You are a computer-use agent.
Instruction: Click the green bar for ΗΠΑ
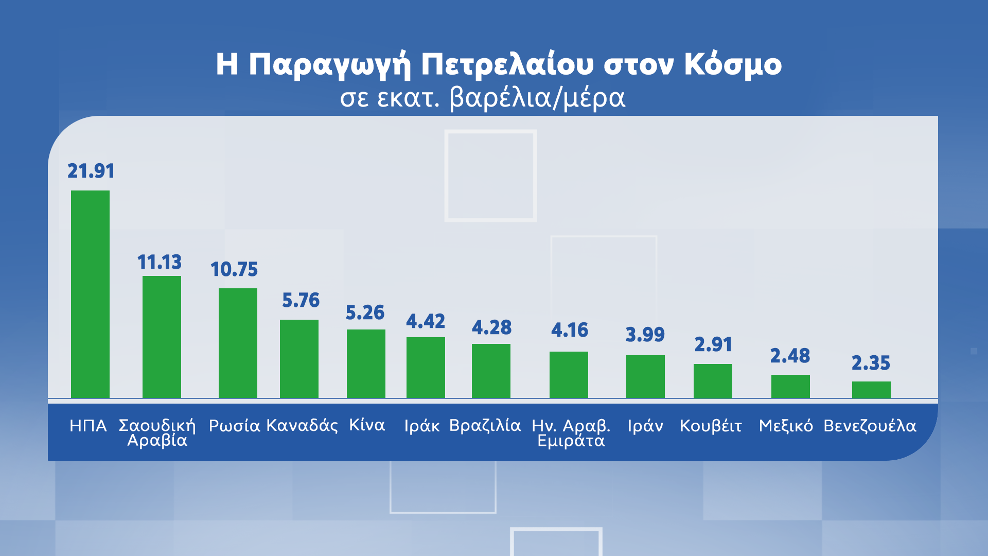[x=90, y=294]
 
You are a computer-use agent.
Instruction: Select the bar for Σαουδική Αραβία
[x=162, y=337]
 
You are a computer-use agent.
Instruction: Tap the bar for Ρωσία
[x=238, y=343]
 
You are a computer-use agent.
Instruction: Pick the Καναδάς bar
[x=299, y=359]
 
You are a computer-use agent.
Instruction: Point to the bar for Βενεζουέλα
[x=871, y=390]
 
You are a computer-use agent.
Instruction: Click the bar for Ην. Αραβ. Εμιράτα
[x=569, y=375]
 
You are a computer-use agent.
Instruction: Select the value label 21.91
[x=91, y=171]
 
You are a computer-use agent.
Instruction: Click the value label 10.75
[x=234, y=269]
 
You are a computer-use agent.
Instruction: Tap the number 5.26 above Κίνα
[x=365, y=312]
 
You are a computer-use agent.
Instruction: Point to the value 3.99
[x=645, y=335]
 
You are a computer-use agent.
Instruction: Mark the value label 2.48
[x=790, y=356]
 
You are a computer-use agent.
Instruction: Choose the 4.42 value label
[x=426, y=321]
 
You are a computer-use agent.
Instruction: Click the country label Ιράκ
[x=421, y=426]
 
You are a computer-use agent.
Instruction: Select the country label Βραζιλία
[x=485, y=426]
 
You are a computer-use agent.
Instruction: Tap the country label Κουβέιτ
[x=711, y=426]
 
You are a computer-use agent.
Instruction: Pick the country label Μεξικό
[x=786, y=426]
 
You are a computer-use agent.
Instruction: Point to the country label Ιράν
[x=645, y=426]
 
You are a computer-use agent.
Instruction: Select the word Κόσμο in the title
[x=733, y=65]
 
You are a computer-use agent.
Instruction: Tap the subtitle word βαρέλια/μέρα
[x=537, y=98]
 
